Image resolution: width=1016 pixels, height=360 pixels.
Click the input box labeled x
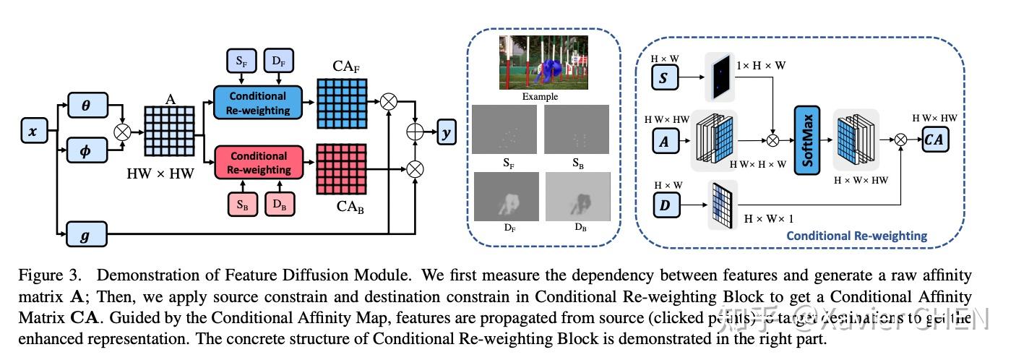[33, 132]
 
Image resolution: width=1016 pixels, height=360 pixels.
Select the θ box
[86, 105]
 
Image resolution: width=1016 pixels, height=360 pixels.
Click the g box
[85, 234]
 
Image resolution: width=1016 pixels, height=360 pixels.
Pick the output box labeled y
[446, 132]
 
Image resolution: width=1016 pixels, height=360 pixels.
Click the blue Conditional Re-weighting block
[258, 103]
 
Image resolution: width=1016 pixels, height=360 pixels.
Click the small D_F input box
[279, 61]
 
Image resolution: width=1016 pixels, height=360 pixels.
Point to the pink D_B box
[279, 205]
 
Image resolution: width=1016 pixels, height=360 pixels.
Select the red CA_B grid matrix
[343, 168]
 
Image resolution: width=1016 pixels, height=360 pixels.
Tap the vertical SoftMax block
[808, 139]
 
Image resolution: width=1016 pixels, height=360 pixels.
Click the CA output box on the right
[934, 140]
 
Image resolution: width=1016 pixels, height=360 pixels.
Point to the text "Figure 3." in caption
[48, 275]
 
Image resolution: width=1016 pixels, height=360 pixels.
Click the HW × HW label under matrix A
[160, 173]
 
